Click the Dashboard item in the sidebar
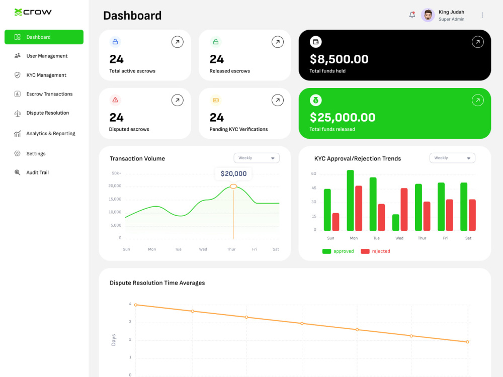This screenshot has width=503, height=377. point(44,37)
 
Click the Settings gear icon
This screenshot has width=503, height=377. point(17,153)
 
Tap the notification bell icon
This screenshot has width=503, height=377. point(412,15)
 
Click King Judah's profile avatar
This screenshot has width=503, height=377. point(428,15)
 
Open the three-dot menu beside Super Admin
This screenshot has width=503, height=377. point(482,15)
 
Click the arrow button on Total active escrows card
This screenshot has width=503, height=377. point(178,42)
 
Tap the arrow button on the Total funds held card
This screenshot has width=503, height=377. point(478,42)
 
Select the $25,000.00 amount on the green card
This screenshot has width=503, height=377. point(342,117)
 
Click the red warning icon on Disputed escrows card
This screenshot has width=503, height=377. point(115,100)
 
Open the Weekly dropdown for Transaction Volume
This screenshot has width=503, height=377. point(257,158)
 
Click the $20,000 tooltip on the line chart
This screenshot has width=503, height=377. point(233,173)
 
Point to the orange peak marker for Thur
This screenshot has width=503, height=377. point(233,186)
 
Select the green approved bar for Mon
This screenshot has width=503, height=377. point(350,201)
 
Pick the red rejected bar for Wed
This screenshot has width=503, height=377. point(404,209)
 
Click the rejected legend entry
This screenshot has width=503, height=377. point(375,251)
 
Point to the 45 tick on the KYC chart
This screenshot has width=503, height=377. point(314,188)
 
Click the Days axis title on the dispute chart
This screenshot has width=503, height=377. point(113,340)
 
